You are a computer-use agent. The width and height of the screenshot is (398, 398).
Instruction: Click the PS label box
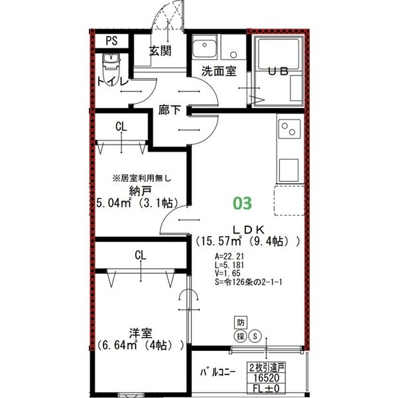112,40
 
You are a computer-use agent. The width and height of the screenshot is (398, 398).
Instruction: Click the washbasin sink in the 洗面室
204,49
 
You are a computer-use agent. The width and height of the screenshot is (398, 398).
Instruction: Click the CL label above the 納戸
121,126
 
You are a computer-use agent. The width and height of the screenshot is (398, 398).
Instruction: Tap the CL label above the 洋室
140,255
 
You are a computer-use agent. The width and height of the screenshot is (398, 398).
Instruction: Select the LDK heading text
241,229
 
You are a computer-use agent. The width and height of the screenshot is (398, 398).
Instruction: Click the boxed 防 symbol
241,322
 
